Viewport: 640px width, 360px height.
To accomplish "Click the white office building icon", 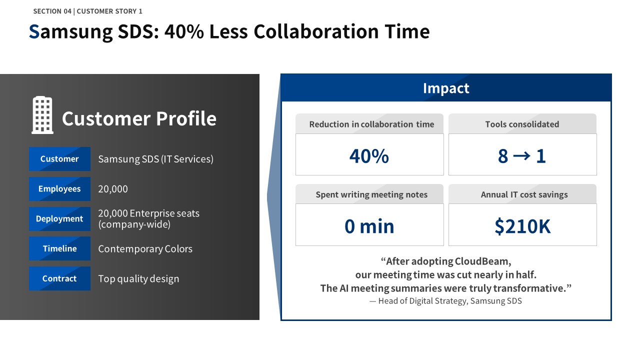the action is click(42, 115).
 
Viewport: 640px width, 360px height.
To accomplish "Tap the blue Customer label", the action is click(59, 159).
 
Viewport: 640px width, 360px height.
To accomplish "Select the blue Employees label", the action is click(59, 189).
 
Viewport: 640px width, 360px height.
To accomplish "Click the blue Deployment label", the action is click(59, 218).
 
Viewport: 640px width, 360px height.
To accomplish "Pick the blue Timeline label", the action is click(59, 248).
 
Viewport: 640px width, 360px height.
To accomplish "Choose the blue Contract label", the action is click(59, 278).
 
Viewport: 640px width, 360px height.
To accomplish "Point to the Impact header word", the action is click(446, 88).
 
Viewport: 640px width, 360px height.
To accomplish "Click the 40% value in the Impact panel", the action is click(369, 156).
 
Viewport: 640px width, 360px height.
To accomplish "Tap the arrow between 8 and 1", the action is click(521, 156).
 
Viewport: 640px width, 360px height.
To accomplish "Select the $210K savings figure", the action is click(522, 226).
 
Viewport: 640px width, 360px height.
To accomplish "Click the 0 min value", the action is click(369, 226).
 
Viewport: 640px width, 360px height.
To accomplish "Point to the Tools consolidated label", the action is click(522, 124).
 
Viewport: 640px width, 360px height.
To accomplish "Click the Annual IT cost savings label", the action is click(524, 194).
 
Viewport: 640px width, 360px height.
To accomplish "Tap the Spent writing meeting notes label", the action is click(371, 194).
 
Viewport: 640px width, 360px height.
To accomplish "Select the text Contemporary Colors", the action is click(145, 249).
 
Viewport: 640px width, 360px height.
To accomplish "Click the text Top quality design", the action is click(138, 279).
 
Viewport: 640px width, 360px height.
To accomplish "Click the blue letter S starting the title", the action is click(34, 31).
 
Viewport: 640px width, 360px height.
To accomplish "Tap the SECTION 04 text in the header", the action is click(52, 11).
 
